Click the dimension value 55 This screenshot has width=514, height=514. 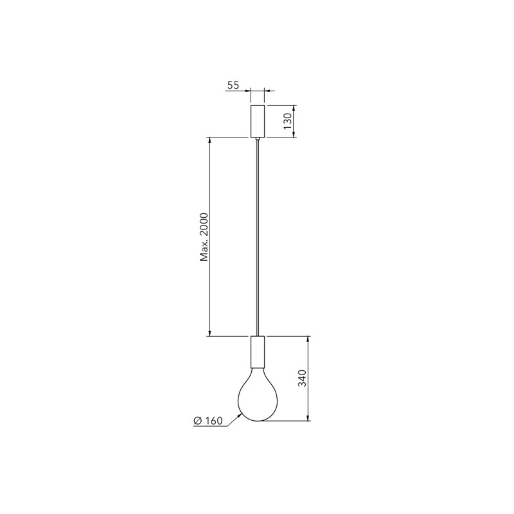pos(233,85)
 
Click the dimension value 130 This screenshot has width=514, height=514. pos(287,121)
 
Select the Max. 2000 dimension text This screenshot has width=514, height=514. pos(204,237)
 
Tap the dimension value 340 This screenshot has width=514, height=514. pos(302,378)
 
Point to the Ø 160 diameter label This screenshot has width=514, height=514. pos(208,421)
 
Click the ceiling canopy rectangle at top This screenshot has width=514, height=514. pos(258,121)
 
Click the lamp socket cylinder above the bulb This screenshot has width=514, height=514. pos(258,351)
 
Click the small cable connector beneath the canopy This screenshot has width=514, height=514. pos(258,139)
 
